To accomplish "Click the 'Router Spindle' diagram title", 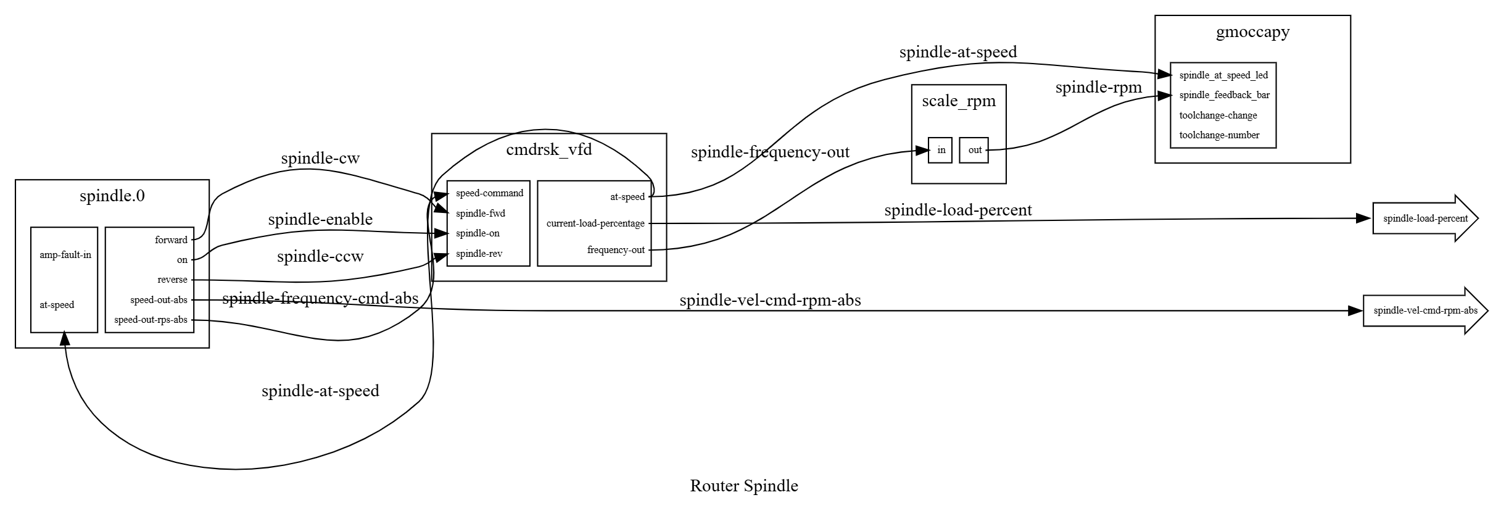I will click(743, 486).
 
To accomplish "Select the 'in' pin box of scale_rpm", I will click(940, 150).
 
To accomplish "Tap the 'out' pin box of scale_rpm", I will click(974, 150).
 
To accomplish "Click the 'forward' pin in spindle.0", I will click(171, 240).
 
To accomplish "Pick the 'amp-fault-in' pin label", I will click(65, 255).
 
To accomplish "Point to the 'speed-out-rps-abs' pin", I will click(151, 320).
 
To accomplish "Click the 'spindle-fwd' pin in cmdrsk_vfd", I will click(480, 214).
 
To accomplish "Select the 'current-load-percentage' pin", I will click(595, 223).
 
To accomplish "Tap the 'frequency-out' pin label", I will click(616, 250).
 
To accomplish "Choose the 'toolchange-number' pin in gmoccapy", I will click(1219, 135).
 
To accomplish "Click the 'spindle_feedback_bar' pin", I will click(1224, 95).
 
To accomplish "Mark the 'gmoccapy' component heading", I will click(1252, 32).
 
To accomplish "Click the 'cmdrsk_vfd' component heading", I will click(548, 149).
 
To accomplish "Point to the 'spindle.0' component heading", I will click(112, 196).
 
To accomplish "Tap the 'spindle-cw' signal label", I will click(320, 159).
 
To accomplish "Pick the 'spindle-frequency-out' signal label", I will click(770, 152).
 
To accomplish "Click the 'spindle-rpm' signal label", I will click(1098, 88).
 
